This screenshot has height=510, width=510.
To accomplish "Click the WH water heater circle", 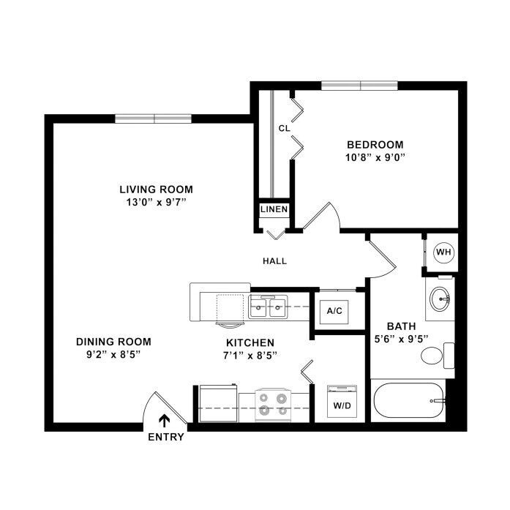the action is (444, 252).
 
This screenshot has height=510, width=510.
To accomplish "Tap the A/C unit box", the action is (334, 312).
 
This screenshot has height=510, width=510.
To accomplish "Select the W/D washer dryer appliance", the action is (342, 402).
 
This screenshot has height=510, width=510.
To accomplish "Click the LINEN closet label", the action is (274, 209).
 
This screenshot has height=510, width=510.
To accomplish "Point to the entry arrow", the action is (164, 421).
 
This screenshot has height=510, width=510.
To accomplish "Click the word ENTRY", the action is (166, 437).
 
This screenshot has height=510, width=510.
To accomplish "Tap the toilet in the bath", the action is (438, 356).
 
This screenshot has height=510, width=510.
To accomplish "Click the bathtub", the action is (409, 400).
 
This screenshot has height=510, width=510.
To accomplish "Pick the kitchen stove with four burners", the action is (273, 405).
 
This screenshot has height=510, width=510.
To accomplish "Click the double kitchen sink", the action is (268, 307).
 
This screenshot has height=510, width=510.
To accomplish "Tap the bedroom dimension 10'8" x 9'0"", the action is (375, 158).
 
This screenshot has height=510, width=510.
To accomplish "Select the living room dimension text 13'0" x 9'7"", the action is (156, 202).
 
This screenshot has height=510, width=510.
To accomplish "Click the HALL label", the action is (275, 261).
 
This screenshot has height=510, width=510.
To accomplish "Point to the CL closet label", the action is (285, 129).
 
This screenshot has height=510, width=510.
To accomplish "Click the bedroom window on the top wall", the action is (359, 86).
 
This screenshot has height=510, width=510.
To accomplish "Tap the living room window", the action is (153, 119).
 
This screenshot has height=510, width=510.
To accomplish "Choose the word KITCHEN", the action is (250, 342).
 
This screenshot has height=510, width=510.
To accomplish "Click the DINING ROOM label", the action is (113, 342).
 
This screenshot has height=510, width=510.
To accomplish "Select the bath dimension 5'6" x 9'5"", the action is (401, 340).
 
